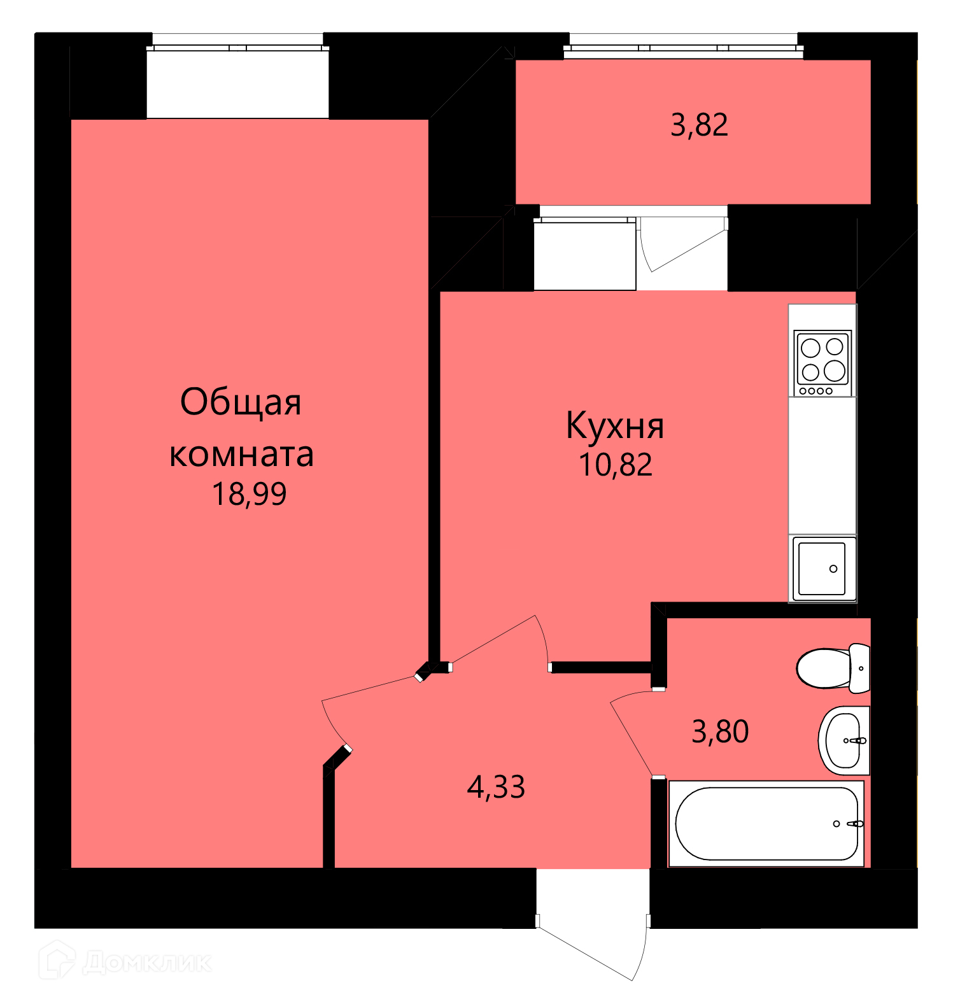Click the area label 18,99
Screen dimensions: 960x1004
point(249,494)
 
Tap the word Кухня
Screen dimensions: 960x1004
point(615,426)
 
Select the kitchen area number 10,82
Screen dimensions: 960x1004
point(616,465)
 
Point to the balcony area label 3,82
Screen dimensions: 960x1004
point(699,125)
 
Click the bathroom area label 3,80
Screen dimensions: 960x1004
point(720,732)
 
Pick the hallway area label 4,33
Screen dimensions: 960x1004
point(496,787)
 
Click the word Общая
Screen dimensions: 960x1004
point(241,402)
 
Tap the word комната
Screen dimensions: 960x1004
point(241,455)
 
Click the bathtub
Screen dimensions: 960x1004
point(766,823)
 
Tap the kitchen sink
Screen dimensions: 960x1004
point(822,569)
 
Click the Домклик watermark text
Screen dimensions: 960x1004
point(147,962)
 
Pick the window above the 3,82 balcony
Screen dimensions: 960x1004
point(683,46)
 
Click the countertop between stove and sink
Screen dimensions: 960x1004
point(822,465)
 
